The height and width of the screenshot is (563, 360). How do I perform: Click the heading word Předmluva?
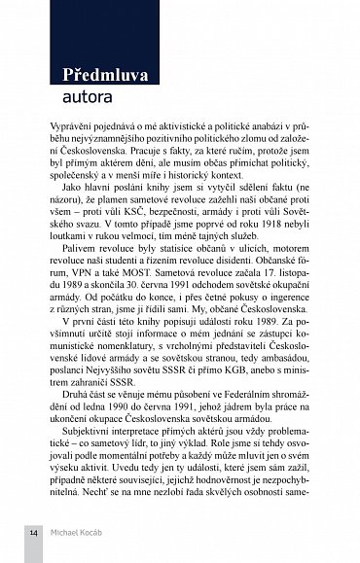coord(107,75)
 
